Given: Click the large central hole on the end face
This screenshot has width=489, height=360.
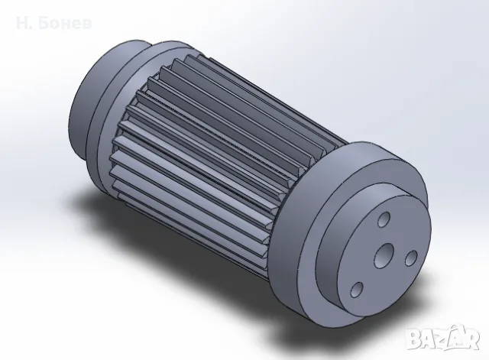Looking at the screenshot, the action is (384, 256).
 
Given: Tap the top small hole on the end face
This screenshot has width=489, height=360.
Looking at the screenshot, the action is (384, 219).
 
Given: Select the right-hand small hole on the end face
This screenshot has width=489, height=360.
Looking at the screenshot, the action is (411, 258).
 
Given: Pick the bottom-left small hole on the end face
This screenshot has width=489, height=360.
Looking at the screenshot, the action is (357, 290).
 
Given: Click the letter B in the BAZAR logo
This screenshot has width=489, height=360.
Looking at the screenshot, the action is (416, 339).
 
